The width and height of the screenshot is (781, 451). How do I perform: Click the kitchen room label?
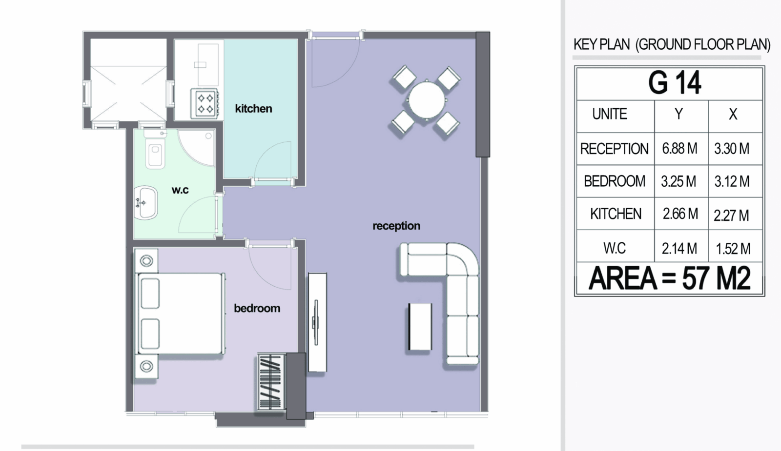[253, 109]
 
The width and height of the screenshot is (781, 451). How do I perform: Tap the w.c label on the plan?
[180, 190]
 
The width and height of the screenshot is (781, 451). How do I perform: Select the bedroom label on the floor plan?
[257, 308]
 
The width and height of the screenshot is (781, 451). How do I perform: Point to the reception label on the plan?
[396, 226]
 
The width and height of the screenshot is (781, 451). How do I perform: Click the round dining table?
[427, 100]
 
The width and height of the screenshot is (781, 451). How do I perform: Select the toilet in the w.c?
[155, 150]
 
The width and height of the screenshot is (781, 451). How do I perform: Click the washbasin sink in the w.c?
[146, 203]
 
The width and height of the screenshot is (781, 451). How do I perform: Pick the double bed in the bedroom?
[180, 314]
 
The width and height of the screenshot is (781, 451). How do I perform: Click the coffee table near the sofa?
[420, 327]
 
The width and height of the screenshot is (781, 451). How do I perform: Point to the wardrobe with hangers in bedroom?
[271, 382]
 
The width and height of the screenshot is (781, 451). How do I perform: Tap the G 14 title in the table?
[674, 83]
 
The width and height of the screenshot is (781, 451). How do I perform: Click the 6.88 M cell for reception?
[680, 149]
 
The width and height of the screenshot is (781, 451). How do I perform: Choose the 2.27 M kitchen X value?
[731, 216]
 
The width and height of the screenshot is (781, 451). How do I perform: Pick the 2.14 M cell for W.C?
[679, 249]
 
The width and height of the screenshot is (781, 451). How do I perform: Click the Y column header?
[678, 114]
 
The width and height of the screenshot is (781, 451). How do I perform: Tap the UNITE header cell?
[610, 114]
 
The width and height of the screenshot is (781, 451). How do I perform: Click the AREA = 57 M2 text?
[669, 278]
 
